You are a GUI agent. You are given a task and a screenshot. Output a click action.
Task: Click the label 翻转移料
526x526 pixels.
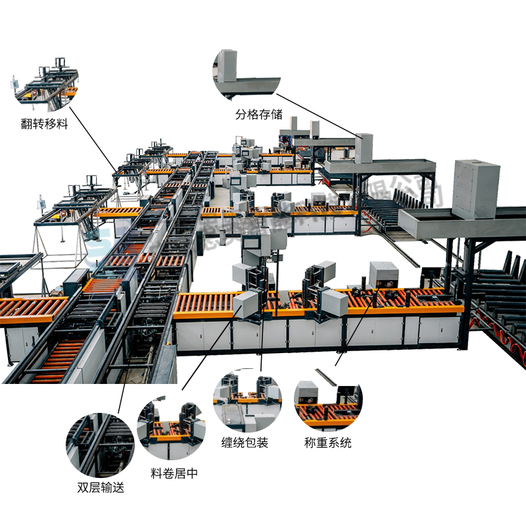point(44,124)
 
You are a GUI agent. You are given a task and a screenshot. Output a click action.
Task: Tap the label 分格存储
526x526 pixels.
point(259,114)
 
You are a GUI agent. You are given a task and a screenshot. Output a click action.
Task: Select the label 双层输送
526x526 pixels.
point(101,487)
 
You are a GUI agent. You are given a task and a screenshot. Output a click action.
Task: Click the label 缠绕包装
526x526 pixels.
point(245,442)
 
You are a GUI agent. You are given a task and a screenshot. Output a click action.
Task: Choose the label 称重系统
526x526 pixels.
point(328,442)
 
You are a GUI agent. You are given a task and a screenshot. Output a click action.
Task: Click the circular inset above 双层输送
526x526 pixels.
point(100,444)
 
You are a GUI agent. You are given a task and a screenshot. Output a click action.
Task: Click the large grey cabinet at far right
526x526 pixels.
point(475,189)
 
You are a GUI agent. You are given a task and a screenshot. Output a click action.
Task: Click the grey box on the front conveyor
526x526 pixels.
point(383,274)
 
